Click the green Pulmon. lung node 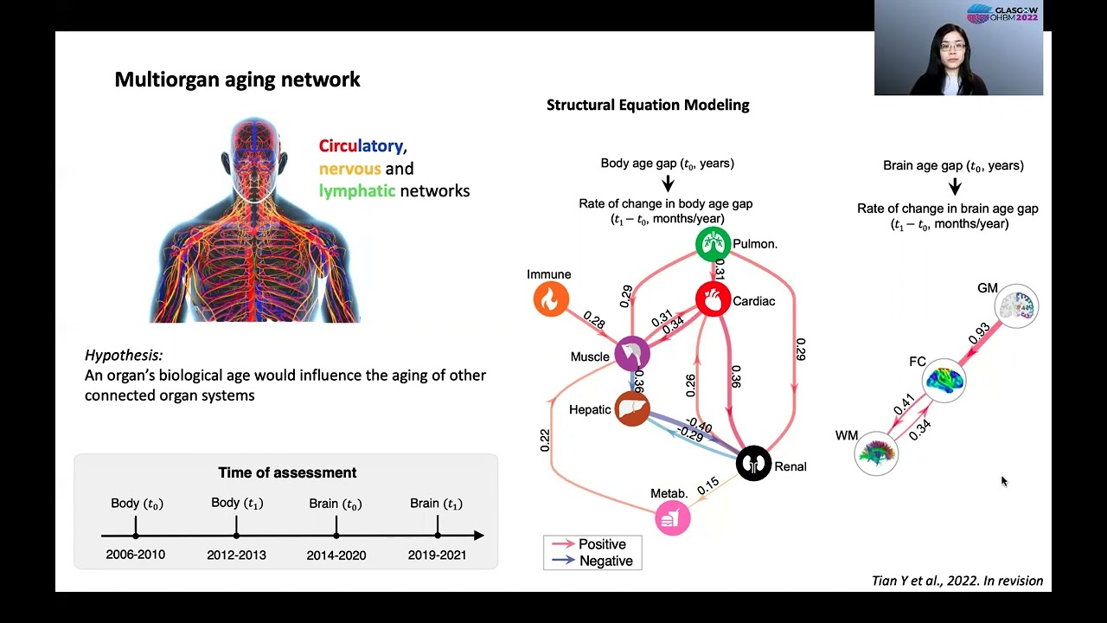(713, 245)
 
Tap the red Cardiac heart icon (713, 300)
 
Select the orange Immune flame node (551, 299)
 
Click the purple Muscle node (632, 353)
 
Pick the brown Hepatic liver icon (632, 408)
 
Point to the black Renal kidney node (753, 464)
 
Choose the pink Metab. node (673, 518)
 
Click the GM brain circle (1016, 305)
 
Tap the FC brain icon (944, 381)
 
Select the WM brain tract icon (876, 453)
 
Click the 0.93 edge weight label (979, 333)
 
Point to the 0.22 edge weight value (545, 440)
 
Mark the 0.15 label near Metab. (707, 486)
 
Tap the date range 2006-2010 (136, 555)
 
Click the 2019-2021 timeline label (437, 555)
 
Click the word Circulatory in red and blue (361, 146)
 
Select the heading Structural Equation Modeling (648, 105)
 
